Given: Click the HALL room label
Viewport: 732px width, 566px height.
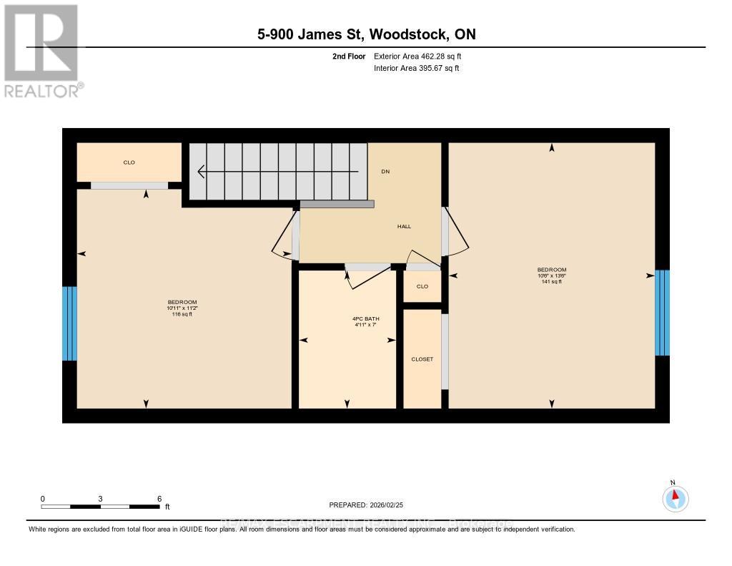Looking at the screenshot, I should tap(405, 226).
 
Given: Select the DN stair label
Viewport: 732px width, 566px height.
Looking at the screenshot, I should tap(385, 171).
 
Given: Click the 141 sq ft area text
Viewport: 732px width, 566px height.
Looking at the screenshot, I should tap(551, 282).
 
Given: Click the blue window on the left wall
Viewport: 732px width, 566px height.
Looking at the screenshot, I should tap(69, 323).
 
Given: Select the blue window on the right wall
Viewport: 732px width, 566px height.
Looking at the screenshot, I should tap(663, 313).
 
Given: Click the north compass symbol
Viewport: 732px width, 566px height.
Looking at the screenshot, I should tap(674, 497).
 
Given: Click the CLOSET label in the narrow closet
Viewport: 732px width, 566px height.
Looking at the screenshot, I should tap(422, 359).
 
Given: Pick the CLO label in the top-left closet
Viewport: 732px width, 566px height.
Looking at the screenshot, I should tap(129, 162).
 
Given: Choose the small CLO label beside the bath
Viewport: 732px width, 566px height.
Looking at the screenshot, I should tap(422, 286).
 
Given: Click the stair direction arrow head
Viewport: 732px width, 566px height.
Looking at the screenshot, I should tap(202, 172).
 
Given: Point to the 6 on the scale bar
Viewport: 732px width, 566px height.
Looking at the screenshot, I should tap(159, 499).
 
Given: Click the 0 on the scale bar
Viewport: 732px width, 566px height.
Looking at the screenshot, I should tap(43, 499).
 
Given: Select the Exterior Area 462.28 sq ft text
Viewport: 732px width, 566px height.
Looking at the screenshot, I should tap(422, 56).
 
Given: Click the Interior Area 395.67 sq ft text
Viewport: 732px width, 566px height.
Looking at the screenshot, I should tap(416, 69).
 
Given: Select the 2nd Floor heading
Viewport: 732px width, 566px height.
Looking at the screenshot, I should tap(349, 56).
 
